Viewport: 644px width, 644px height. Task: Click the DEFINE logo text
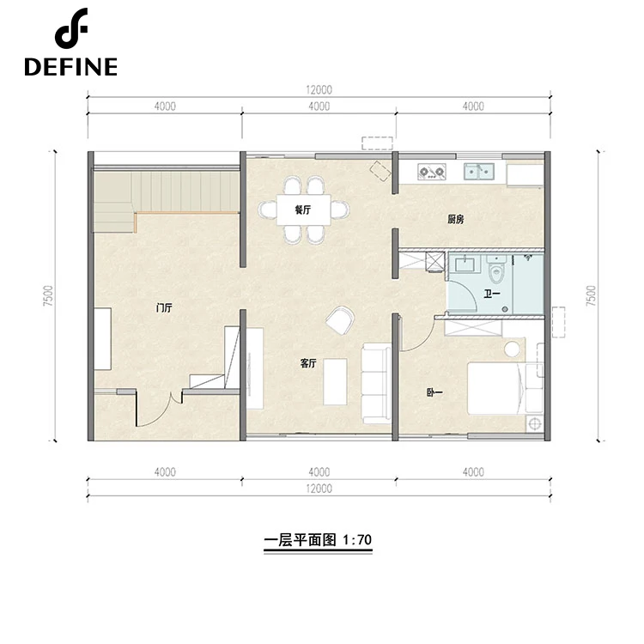point(70,67)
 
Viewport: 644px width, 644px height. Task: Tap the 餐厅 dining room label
point(303,210)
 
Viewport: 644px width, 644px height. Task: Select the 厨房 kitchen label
point(455,219)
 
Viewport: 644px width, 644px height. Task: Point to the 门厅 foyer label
point(164,307)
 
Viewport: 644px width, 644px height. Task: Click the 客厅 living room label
point(308,363)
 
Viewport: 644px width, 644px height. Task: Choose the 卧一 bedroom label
point(434,392)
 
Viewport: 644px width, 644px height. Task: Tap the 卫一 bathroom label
point(492,294)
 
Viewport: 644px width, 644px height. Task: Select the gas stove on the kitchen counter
point(432,171)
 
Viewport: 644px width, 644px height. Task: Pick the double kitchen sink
point(479,171)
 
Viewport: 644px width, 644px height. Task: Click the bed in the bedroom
point(505,388)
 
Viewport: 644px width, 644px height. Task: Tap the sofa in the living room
point(376,384)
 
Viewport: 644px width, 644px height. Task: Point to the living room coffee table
point(335,381)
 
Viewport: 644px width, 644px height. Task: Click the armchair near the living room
point(341,320)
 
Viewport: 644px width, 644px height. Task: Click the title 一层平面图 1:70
point(318,540)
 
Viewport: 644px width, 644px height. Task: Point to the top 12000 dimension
point(319,89)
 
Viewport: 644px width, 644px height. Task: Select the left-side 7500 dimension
point(48,295)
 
